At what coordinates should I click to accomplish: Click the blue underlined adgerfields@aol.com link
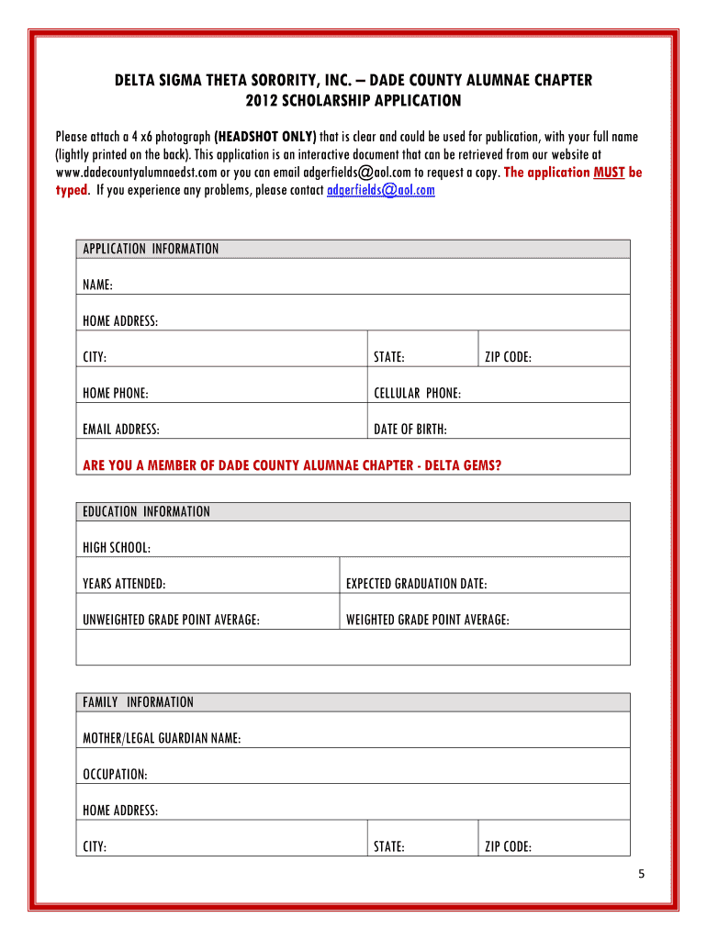[x=381, y=190]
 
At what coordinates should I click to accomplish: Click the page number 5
[x=643, y=873]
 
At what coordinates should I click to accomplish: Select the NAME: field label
[x=98, y=285]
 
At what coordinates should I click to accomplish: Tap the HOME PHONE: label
[x=116, y=393]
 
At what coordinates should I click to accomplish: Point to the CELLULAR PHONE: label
[x=418, y=393]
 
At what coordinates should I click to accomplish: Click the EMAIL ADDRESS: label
[x=121, y=429]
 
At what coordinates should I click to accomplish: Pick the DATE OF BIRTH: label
[x=410, y=429]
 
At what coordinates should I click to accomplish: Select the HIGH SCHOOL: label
[x=117, y=547]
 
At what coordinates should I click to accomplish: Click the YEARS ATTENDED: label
[x=125, y=583]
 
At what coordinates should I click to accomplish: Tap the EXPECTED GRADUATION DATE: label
[x=417, y=583]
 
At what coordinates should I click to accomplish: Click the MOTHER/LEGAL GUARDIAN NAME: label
[x=162, y=738]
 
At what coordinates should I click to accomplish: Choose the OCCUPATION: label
[x=115, y=774]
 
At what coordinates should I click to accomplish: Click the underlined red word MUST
[x=610, y=172]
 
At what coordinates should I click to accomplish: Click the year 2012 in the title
[x=263, y=99]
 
